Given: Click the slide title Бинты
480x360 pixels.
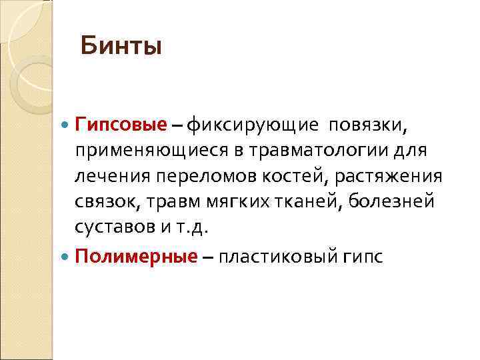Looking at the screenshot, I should pos(121,47).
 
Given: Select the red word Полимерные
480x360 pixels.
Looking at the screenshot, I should pos(136,257).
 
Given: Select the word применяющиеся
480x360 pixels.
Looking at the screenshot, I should pos(152,150).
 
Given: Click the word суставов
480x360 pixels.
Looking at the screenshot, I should pos(115,227).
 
